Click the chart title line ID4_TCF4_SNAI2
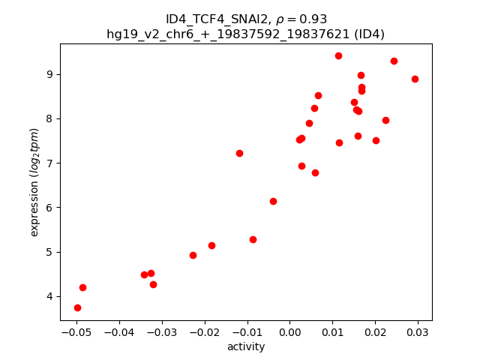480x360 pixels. coord(246,19)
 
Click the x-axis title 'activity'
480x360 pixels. coord(246,346)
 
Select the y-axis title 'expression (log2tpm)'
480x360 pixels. coord(34,182)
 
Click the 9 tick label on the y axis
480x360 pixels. coord(50,74)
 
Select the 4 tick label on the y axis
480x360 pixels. coord(50,296)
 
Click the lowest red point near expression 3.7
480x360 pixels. coord(77,307)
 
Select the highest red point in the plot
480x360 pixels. coord(338,55)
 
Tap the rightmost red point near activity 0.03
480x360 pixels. coord(415,79)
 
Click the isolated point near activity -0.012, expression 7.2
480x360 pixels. coord(239,153)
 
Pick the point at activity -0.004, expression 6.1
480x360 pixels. coord(273,201)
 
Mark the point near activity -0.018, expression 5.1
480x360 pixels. coord(211,245)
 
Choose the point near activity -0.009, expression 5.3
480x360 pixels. coord(253,239)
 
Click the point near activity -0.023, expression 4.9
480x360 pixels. coord(193,255)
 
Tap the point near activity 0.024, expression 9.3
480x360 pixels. coord(394,61)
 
